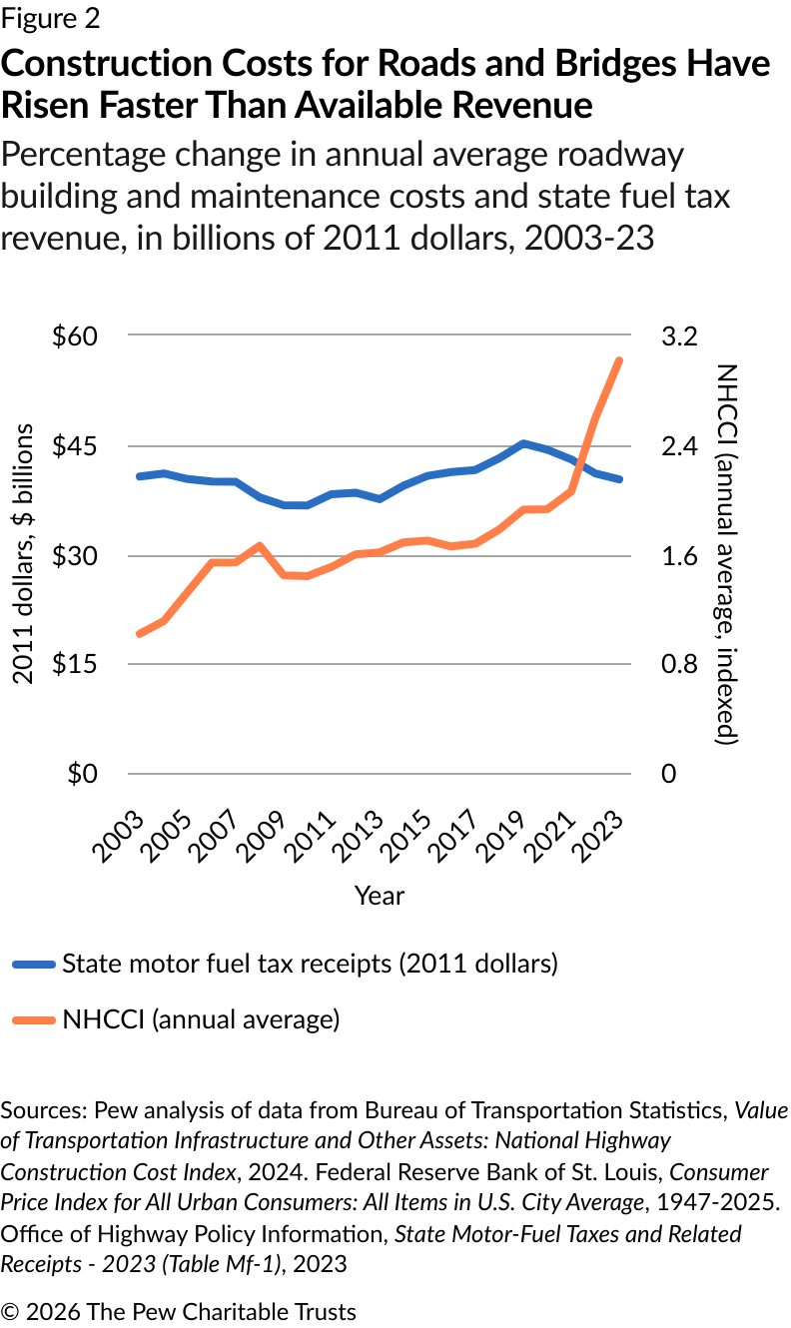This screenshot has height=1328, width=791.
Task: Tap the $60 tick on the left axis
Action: pyautogui.click(x=74, y=336)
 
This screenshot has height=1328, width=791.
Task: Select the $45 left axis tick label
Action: pyautogui.click(x=74, y=446)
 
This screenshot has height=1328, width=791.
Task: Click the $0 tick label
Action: pyautogui.click(x=82, y=775)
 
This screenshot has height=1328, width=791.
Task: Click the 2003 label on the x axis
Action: pyautogui.click(x=117, y=828)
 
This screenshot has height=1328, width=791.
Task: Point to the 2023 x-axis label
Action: pyautogui.click(x=601, y=828)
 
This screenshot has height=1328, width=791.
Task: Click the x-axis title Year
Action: pyautogui.click(x=380, y=896)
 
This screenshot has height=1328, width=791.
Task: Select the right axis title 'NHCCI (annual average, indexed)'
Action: pyautogui.click(x=726, y=554)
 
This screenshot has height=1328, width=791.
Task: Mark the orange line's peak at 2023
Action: pyautogui.click(x=620, y=360)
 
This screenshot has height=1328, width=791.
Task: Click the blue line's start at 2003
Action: pyautogui.click(x=139, y=476)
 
